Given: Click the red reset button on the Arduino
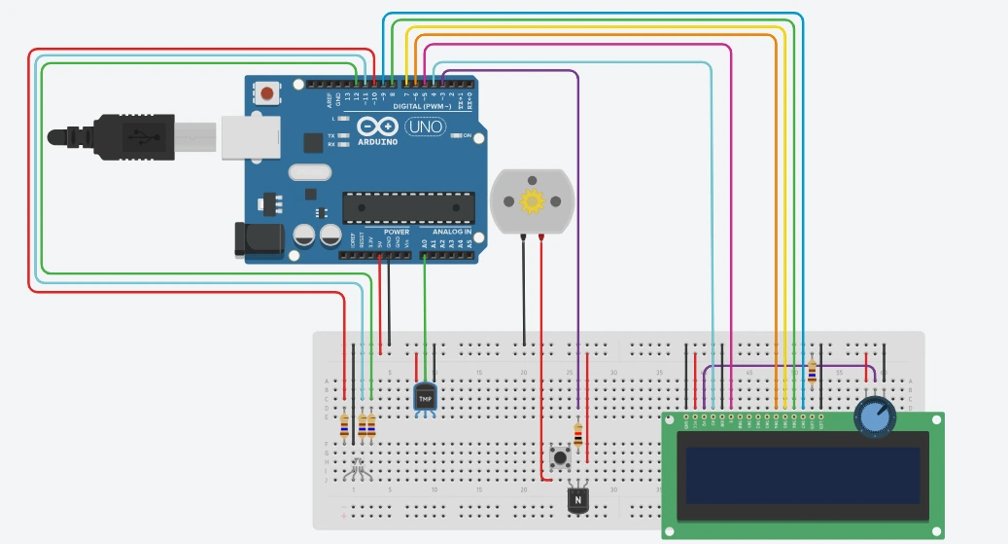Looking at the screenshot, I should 266,93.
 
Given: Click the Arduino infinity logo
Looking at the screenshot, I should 378,127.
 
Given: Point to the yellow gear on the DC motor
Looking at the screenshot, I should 531,201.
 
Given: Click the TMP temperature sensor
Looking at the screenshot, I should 425,397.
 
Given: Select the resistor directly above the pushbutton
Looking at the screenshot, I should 579,434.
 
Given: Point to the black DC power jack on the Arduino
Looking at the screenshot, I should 259,239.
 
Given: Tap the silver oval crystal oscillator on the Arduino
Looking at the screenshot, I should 310,174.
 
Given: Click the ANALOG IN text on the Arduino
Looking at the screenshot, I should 451,233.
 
